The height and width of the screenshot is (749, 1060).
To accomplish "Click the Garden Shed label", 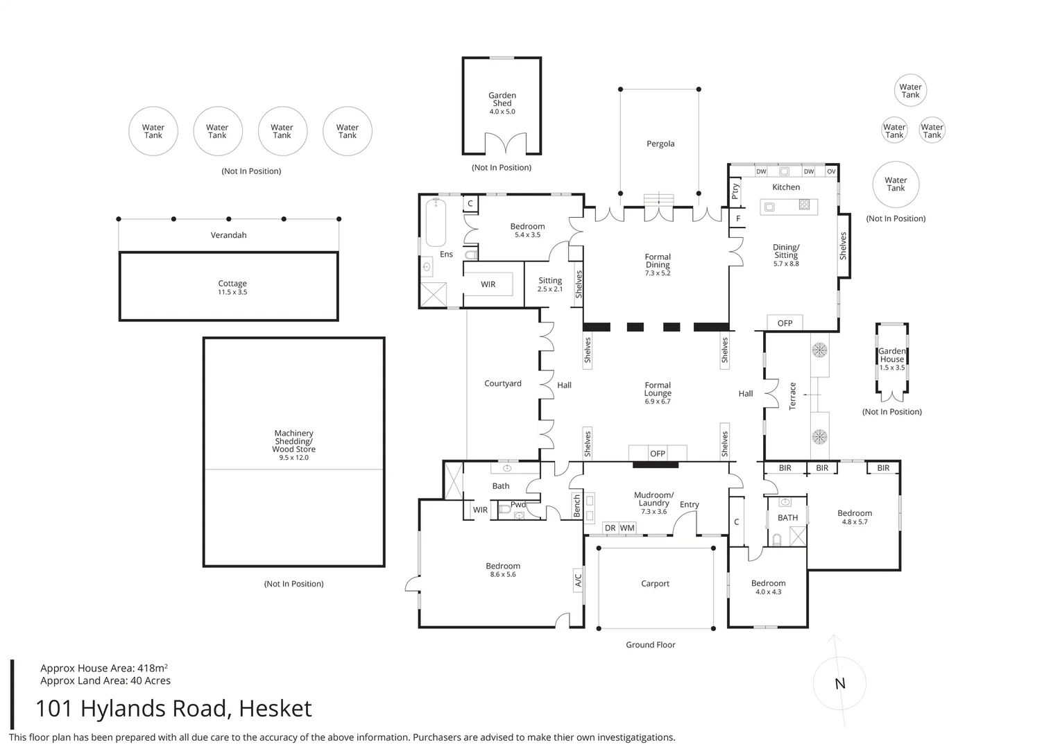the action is [x=502, y=99].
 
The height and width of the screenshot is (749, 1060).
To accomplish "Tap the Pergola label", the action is [x=660, y=144].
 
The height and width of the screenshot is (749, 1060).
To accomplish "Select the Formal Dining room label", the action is [x=658, y=261].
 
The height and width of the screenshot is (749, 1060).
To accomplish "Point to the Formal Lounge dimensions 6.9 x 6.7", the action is [x=658, y=402].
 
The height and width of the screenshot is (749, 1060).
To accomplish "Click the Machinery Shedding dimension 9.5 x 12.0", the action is [x=294, y=458].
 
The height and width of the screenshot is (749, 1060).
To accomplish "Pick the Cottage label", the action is [x=232, y=284].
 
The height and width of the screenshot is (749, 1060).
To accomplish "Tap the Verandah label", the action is [x=228, y=234].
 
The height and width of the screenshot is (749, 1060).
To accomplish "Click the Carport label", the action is [x=655, y=583].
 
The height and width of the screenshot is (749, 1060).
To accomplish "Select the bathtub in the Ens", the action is [x=436, y=222].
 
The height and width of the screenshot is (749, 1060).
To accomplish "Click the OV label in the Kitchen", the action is [x=832, y=171].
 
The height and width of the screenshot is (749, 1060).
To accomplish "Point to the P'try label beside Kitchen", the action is [x=735, y=191].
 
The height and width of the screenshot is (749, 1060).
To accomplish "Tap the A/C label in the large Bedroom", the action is [x=578, y=580].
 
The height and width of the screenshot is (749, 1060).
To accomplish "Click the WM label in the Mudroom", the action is [x=627, y=528].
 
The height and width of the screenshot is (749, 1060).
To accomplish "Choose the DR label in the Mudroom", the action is [x=610, y=528].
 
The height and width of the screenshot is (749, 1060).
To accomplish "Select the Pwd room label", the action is [x=518, y=504].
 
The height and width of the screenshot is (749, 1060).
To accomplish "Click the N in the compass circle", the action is [x=840, y=684].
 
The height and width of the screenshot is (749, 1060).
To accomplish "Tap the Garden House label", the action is [x=892, y=355].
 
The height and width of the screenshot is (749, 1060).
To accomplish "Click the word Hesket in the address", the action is [x=275, y=708].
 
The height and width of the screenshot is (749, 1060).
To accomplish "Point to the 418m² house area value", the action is [x=153, y=668].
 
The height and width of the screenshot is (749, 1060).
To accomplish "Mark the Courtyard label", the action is [x=502, y=384].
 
